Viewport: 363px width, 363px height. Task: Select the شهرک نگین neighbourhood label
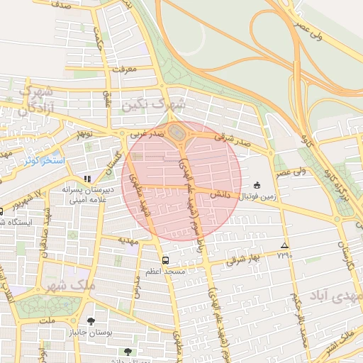click(x=153, y=104)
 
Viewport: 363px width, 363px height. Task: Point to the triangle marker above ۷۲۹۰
click(x=284, y=245)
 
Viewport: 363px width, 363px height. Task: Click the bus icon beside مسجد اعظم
click(x=165, y=260)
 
